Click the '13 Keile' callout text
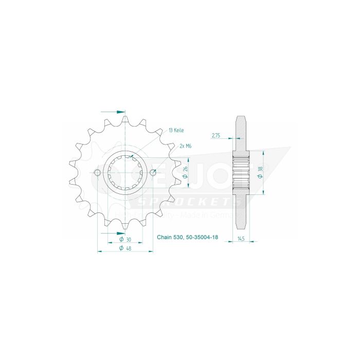click(176, 131)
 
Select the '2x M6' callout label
click(185, 146)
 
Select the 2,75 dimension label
click(216, 136)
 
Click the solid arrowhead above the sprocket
click(121, 111)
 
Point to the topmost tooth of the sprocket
click(125, 119)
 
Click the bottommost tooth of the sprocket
click(125, 227)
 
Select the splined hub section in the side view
click(241, 173)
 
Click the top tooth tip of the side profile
click(241, 118)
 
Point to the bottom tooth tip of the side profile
click(241, 228)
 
